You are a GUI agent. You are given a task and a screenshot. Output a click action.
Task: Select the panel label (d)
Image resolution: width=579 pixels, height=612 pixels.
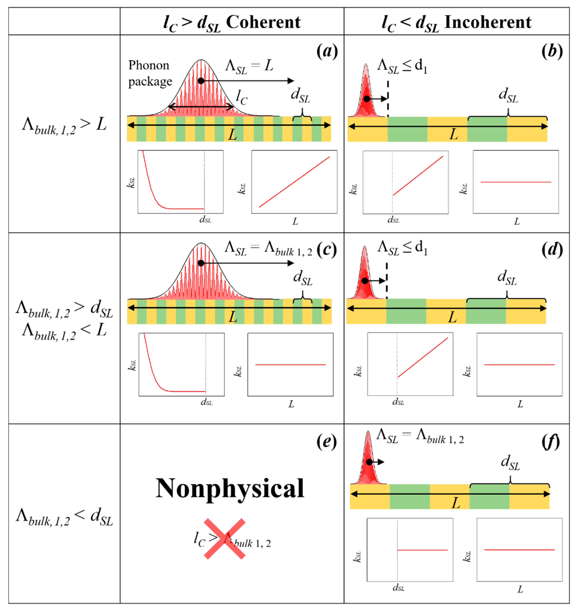(x=552, y=250)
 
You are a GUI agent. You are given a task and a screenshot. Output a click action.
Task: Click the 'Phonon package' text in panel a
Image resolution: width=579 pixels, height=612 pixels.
(x=150, y=73)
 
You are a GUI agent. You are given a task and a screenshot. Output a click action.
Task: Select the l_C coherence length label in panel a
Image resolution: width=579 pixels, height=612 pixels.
(x=241, y=98)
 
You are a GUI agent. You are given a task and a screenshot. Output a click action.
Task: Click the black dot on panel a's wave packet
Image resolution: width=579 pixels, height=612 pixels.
(x=201, y=81)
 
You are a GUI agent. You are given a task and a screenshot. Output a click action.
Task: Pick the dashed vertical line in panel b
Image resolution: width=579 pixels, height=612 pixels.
(x=388, y=99)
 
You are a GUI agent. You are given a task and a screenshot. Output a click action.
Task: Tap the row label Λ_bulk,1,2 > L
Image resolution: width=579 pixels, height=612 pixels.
(x=64, y=126)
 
